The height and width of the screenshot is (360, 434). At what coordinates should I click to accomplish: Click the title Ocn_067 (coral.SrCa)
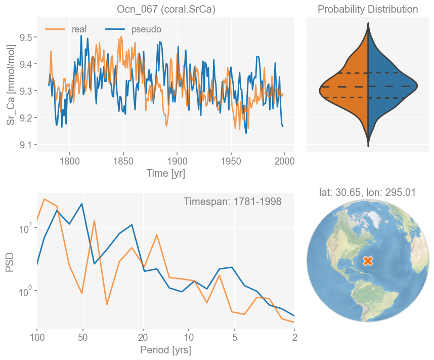166,10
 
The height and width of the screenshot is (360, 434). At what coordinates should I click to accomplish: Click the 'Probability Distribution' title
368,10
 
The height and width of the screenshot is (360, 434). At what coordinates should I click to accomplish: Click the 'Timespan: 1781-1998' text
233,202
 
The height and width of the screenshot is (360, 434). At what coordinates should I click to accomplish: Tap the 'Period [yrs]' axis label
166,350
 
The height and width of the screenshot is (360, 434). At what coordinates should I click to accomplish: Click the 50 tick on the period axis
83,337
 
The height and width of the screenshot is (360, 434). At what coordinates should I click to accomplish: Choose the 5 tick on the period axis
234,337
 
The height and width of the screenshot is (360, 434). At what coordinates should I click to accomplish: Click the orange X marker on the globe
368,261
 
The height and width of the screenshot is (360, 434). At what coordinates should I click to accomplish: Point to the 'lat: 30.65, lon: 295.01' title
368,192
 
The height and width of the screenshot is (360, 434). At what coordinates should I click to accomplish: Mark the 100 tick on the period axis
37,337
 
